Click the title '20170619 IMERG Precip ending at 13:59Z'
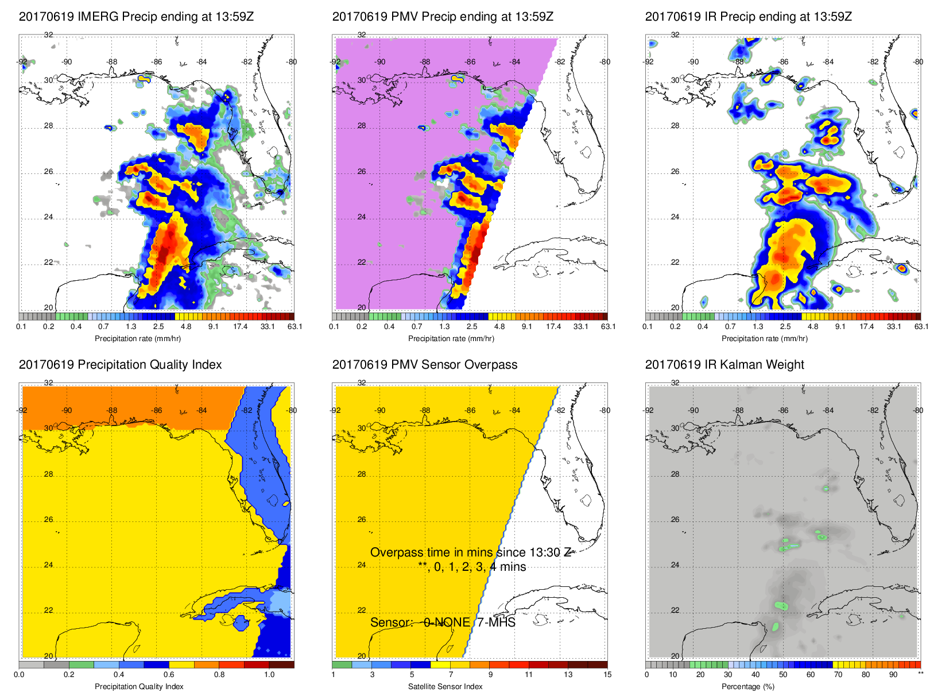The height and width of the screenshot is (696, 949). (136, 17)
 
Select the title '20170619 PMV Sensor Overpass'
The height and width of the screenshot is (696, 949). (424, 365)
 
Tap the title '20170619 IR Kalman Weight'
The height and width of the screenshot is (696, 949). (725, 365)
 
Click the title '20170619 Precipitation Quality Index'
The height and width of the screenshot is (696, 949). (120, 365)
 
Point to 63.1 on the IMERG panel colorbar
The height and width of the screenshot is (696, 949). (295, 327)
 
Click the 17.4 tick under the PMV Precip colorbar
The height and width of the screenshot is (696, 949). (553, 327)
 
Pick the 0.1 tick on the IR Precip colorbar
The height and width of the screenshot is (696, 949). (648, 327)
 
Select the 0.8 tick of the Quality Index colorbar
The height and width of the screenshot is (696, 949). (219, 675)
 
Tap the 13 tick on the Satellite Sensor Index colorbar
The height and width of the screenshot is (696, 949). (568, 675)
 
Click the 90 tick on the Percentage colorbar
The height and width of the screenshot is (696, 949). (893, 675)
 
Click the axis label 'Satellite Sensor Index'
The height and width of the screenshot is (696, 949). (445, 687)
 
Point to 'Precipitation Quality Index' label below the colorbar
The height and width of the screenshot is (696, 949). (139, 687)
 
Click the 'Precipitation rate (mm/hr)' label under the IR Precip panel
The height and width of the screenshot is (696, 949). (764, 339)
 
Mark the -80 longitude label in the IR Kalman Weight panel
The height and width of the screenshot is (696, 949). (918, 411)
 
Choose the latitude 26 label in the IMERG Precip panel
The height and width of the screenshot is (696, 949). (48, 172)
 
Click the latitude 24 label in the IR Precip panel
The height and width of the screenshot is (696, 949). (675, 217)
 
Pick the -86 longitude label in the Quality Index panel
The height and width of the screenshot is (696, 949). (157, 411)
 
